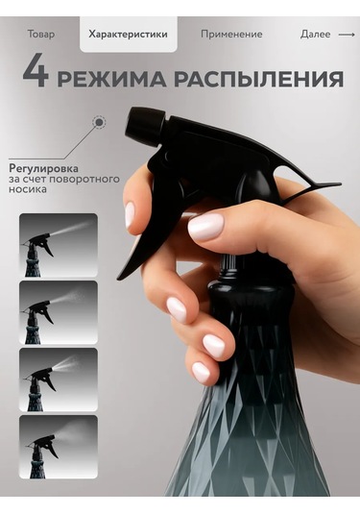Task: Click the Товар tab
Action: click(42, 34)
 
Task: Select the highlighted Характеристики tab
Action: click(128, 34)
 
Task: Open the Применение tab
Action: click(231, 34)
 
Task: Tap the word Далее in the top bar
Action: click(315, 34)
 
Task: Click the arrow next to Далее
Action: click(346, 34)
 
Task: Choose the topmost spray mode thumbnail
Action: click(59, 245)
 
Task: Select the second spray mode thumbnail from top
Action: click(59, 312)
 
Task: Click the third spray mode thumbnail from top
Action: click(59, 379)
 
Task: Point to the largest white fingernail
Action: click(205, 227)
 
